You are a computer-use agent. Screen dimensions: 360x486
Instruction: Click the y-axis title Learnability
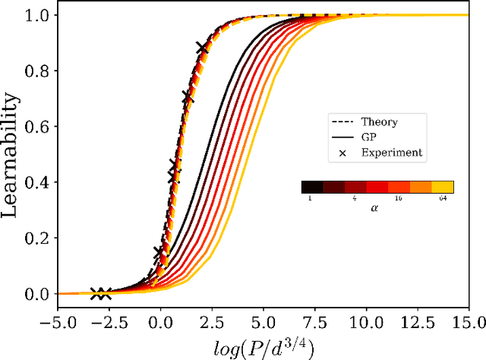click(13, 154)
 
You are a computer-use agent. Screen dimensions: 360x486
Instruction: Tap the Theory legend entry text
click(380, 122)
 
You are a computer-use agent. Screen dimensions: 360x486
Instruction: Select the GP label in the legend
click(369, 137)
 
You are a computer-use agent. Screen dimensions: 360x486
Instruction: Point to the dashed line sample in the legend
click(341, 122)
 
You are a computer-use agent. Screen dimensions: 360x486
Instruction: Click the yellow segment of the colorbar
click(443, 187)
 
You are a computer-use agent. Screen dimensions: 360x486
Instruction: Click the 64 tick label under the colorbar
click(442, 198)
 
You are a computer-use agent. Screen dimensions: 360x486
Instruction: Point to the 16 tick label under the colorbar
click(399, 198)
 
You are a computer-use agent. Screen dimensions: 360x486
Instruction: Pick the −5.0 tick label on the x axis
click(58, 312)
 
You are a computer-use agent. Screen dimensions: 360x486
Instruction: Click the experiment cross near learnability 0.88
click(202, 48)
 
